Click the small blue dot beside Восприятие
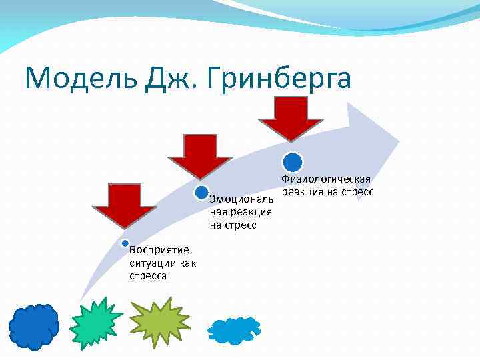124,243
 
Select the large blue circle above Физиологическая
293,162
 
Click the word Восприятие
159,250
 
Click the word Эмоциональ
241,199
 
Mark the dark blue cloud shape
33,327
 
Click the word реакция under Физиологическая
303,192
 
